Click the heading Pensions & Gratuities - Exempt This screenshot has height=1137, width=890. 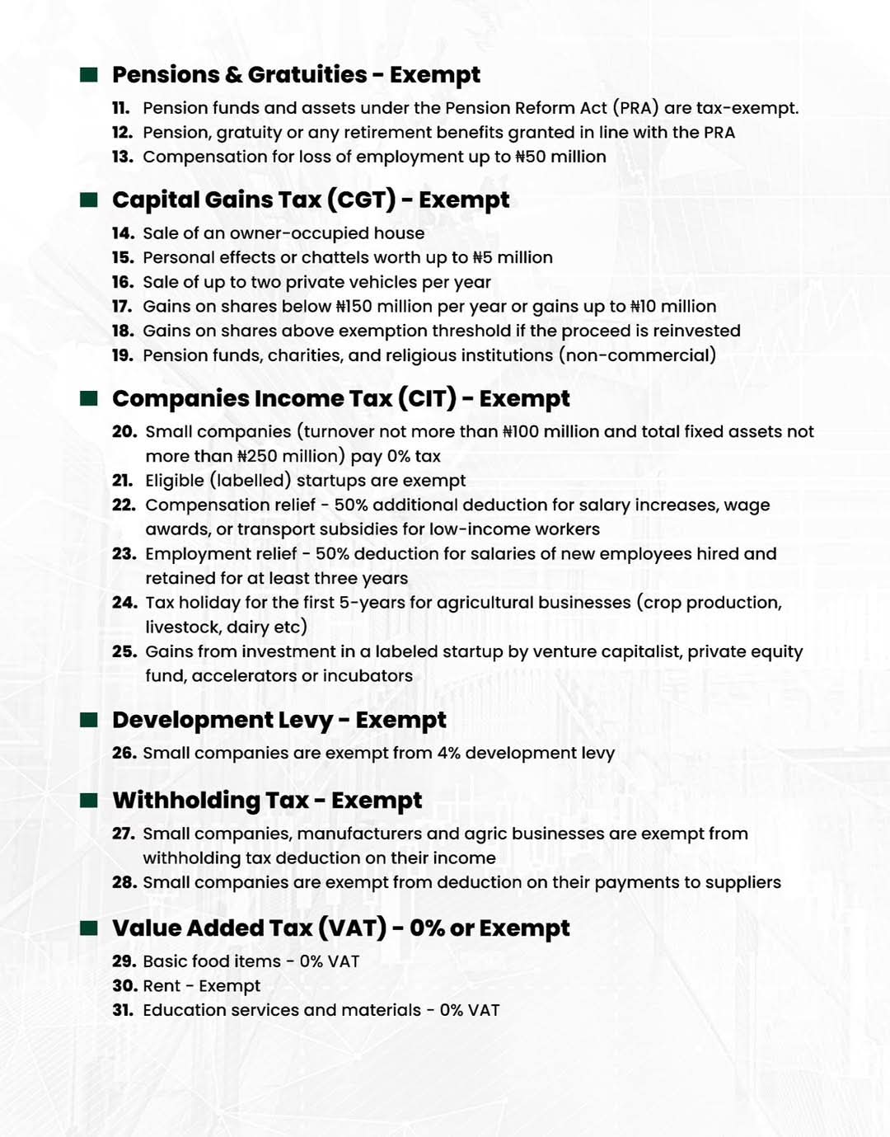pos(296,75)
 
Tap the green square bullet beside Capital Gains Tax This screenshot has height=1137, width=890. pos(89,200)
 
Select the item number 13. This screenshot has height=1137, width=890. pos(122,157)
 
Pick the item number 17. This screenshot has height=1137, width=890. pos(122,307)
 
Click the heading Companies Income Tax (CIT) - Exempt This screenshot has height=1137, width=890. pos(340,399)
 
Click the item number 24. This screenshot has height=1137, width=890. pos(124,603)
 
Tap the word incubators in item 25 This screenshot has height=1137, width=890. pos(368,676)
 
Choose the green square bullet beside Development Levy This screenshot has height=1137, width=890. pos(89,720)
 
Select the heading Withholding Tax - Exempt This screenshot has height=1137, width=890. pos(267,801)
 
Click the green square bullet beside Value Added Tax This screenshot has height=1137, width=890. pos(89,928)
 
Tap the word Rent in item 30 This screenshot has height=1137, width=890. pos(162,986)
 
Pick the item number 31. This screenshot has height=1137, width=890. pos(122,1011)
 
